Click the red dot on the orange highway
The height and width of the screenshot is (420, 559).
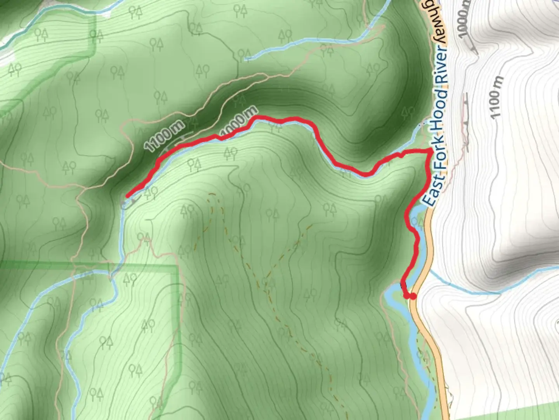click(413, 296)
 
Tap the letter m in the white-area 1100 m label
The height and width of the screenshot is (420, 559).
click(498, 82)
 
